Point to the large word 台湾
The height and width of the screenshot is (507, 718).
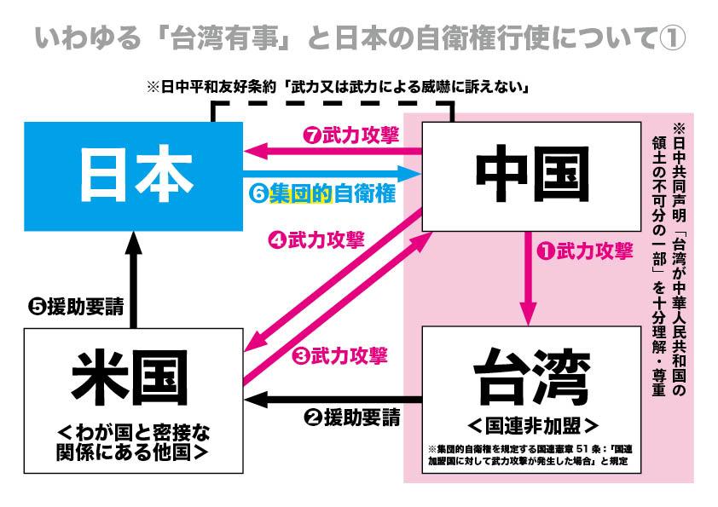pyautogui.click(x=530, y=376)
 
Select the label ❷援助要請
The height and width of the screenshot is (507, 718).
pyautogui.click(x=350, y=418)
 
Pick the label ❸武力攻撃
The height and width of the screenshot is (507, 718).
pyautogui.click(x=339, y=354)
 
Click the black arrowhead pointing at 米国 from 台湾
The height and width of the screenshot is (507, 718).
pyautogui.click(x=254, y=399)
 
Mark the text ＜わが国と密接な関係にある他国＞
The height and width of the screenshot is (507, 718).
pyautogui.click(x=133, y=441)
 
